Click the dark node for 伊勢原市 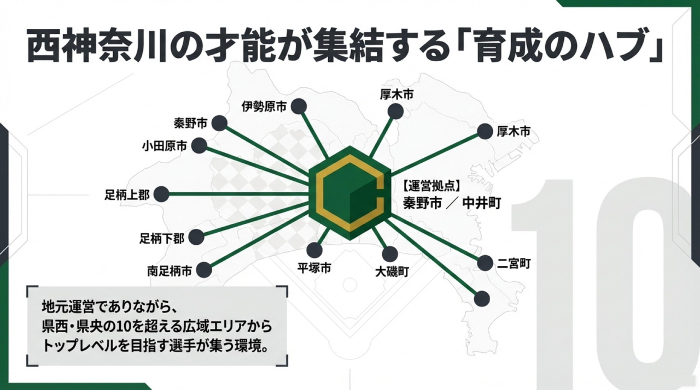[x=299, y=107]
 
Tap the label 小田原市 [x=165, y=146]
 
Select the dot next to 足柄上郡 [x=161, y=194]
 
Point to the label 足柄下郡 [x=162, y=239]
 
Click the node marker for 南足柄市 [x=204, y=270]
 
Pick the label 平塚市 [x=314, y=268]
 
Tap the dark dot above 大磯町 [x=390, y=254]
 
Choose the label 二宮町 [x=514, y=264]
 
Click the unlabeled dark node [x=482, y=299]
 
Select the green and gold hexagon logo [x=350, y=192]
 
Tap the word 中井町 [x=482, y=203]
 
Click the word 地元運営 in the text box [x=65, y=308]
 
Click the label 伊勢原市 [x=264, y=107]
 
